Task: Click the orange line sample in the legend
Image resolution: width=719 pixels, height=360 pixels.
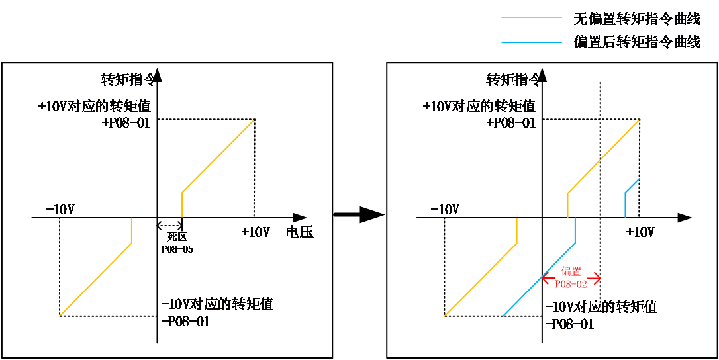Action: coord(532,17)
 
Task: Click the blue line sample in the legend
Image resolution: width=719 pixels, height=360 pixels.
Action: coord(532,42)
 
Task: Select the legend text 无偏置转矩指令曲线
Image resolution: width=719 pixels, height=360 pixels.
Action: coord(637,19)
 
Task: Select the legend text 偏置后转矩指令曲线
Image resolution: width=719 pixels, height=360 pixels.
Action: coord(637,42)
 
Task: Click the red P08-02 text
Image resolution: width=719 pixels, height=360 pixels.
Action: coord(571,284)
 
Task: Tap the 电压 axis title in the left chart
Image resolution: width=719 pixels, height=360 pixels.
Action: coord(300,232)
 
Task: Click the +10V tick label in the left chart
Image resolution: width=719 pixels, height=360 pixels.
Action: coord(255,232)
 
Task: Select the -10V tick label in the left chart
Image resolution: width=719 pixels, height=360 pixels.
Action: coord(60,210)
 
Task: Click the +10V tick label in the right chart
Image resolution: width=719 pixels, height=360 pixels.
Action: coord(640,232)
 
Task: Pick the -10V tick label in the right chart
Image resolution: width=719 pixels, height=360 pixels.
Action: coord(445,210)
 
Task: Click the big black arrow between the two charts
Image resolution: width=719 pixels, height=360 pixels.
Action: coord(358,214)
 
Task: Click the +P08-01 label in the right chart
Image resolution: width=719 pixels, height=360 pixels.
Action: coord(511,123)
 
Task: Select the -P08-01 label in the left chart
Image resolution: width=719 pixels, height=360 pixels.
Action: coord(186,322)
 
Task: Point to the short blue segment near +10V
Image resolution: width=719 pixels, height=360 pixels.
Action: coord(632,198)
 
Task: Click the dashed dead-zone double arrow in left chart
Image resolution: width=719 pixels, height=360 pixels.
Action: coord(169,225)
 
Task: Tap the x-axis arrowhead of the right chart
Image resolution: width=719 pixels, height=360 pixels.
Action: coord(684,217)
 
